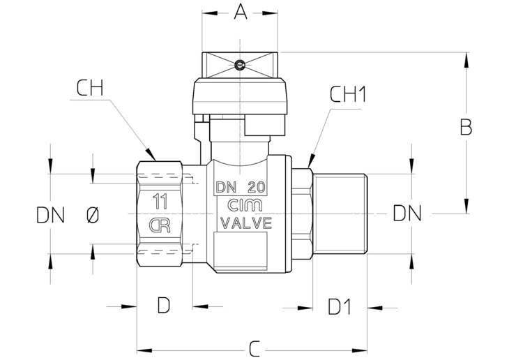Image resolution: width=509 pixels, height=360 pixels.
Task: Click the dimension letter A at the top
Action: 240,12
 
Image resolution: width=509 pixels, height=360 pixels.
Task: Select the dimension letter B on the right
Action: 466,127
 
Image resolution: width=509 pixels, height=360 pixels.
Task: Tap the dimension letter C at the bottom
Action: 254,349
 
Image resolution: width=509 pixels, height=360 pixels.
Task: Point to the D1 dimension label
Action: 340,307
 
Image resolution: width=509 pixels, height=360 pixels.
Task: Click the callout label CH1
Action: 348,95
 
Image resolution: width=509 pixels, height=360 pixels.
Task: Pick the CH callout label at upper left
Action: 90,88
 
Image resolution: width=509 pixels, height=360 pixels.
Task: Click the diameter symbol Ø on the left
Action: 93,215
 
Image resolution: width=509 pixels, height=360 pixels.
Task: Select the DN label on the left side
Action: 51,215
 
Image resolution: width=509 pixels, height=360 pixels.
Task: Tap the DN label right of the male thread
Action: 407,213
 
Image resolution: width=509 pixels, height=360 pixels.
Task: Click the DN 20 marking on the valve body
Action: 241,187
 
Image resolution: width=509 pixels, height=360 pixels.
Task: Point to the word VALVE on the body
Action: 246,223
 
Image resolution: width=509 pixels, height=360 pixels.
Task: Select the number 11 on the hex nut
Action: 160,202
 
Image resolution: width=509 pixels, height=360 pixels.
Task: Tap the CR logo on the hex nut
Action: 160,225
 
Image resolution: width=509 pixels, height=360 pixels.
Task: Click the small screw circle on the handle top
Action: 240,66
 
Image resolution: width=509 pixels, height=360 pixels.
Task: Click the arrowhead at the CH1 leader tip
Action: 311,161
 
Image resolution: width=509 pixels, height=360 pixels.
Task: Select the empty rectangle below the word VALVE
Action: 241,251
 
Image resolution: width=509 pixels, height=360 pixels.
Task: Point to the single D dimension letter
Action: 164,306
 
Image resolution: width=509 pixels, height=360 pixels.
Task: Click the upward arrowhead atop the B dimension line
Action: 466,60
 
